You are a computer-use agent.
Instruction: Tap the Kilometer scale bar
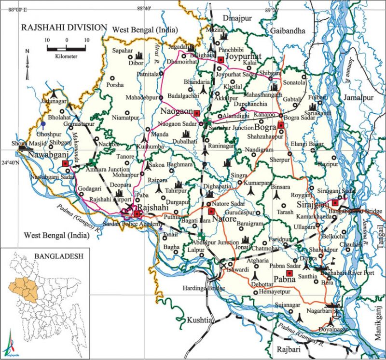click(x=66, y=48)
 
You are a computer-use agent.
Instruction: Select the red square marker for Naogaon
click(x=197, y=113)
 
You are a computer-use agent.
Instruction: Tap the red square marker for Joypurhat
click(x=221, y=60)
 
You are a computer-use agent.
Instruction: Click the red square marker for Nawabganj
click(x=65, y=164)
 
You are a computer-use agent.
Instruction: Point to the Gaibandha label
click(x=289, y=30)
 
